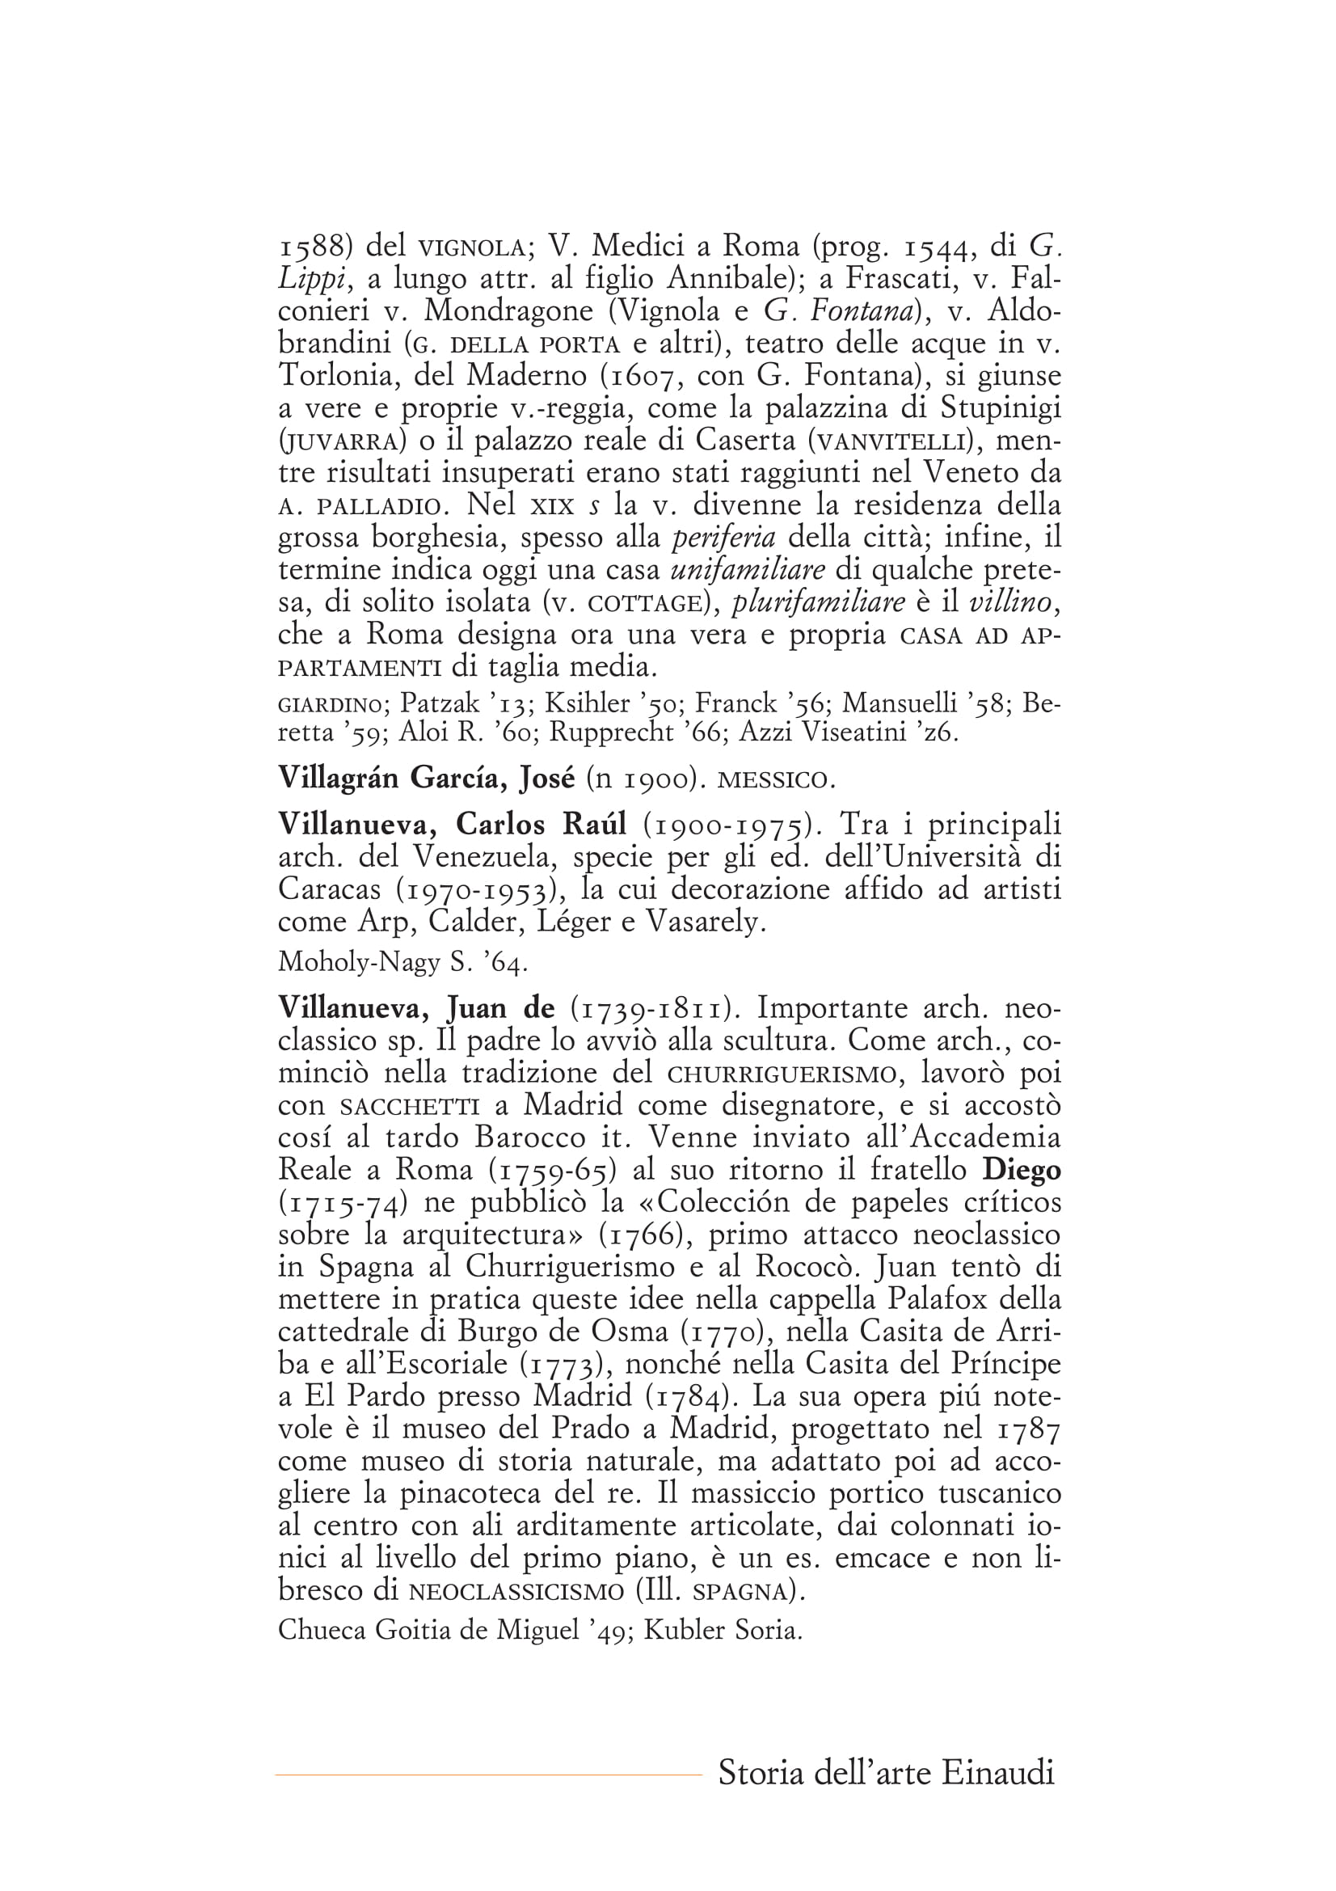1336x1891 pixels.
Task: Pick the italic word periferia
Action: coord(723,538)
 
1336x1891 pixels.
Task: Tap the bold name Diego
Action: coord(1022,1171)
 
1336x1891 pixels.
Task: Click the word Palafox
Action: coord(938,1300)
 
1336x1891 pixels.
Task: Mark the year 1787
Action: coord(1029,1430)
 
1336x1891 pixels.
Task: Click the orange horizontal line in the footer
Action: coord(487,1775)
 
